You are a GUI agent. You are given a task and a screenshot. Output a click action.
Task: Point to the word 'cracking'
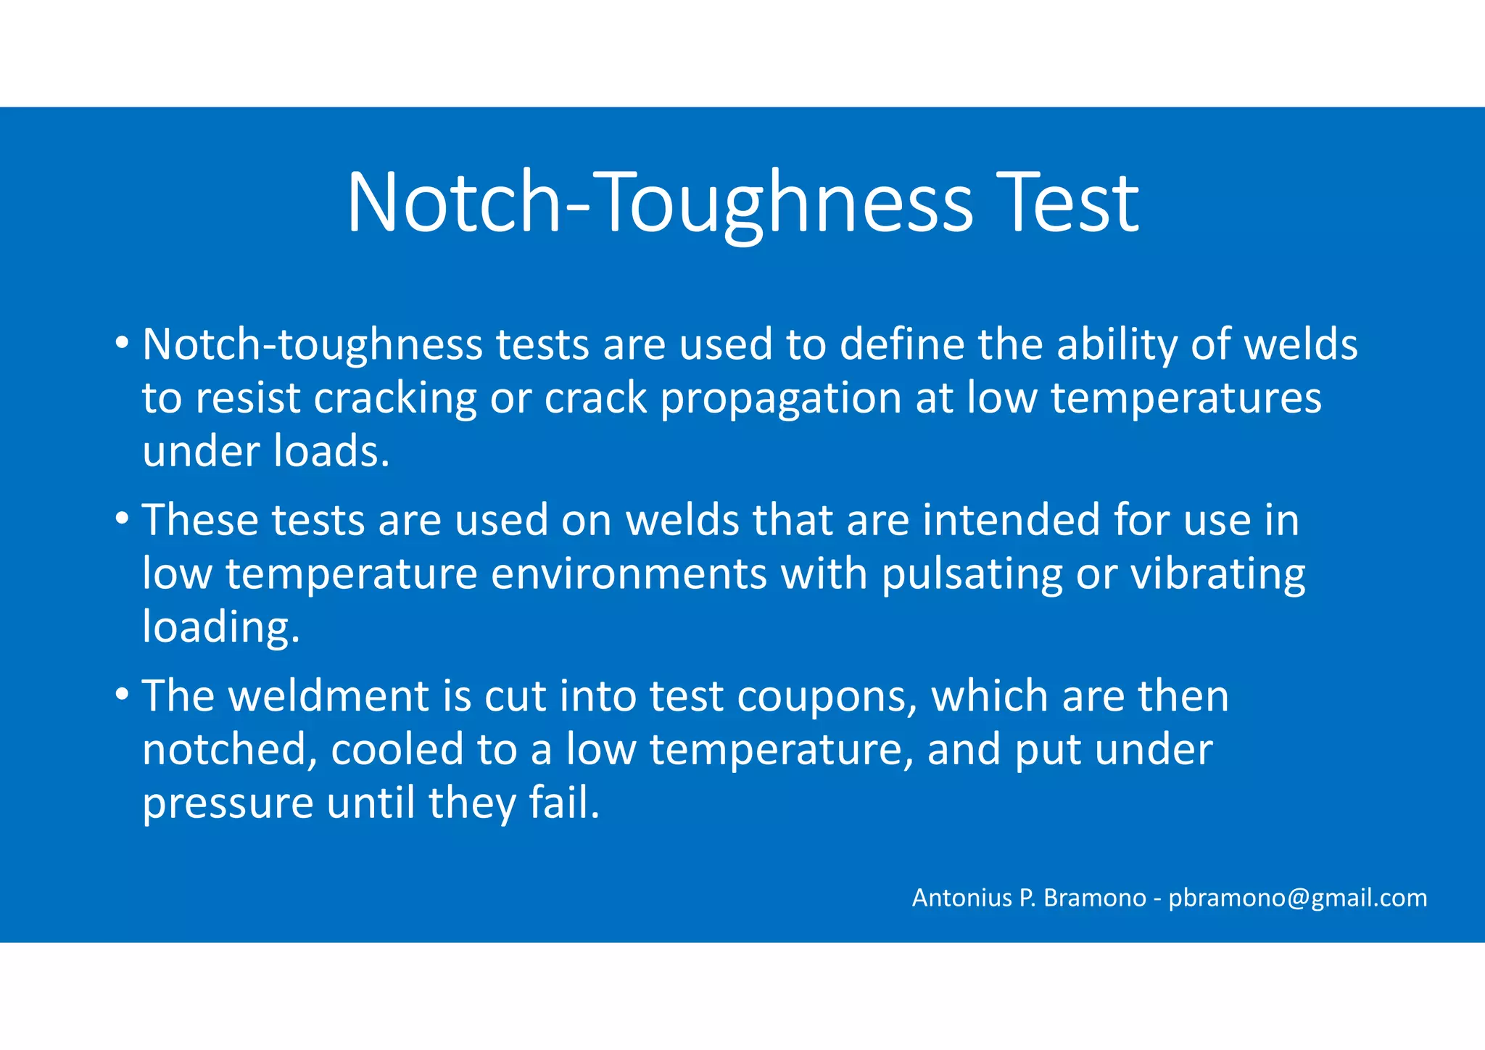click(x=395, y=398)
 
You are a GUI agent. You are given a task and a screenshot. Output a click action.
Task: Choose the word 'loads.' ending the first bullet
click(x=332, y=451)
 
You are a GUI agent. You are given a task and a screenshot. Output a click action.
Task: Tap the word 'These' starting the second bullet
click(x=200, y=520)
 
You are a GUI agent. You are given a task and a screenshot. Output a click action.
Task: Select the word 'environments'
click(x=629, y=574)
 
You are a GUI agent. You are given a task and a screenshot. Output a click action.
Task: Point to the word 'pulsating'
click(x=972, y=575)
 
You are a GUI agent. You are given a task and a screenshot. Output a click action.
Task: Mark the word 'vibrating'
click(x=1218, y=575)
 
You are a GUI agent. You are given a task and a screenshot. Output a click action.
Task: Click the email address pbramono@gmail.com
click(x=1298, y=898)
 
